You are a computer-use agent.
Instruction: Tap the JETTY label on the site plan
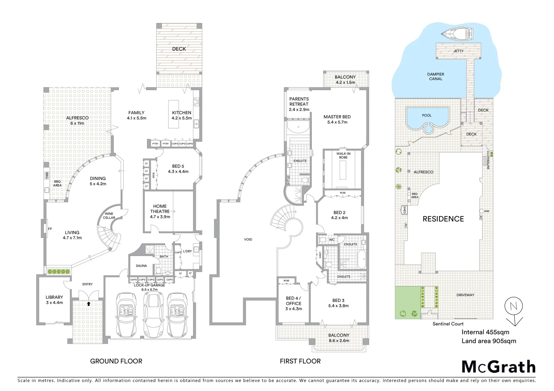coord(458,51)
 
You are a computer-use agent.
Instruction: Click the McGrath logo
coord(499,367)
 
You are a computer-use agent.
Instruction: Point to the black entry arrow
coord(88,304)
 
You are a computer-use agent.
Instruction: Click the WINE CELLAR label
coord(109,216)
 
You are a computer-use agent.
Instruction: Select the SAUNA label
coord(141,266)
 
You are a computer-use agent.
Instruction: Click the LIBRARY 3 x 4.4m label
coord(54,300)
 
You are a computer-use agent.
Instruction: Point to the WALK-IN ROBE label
coord(343,156)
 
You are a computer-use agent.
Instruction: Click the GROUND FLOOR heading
coord(116,361)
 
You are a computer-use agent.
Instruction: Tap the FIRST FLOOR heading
coord(300,361)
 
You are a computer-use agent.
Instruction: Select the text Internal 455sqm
coord(485,332)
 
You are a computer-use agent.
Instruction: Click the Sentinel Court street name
coord(448,324)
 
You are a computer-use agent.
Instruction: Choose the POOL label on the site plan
coord(427,115)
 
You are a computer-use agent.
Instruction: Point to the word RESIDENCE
coord(443,219)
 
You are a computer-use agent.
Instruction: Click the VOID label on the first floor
coord(248,240)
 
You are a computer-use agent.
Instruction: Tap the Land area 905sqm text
coord(489,341)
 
